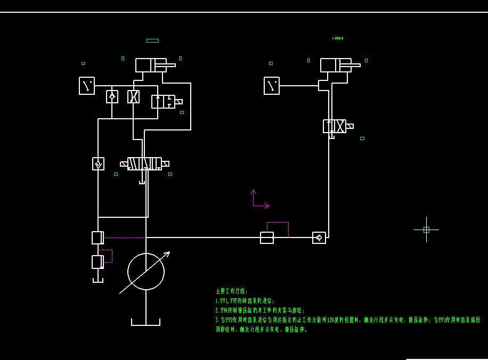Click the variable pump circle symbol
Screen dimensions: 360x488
tap(146, 272)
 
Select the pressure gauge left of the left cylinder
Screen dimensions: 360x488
tap(87, 86)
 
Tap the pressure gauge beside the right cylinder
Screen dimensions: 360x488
tap(272, 86)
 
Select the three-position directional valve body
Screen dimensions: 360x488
tap(144, 163)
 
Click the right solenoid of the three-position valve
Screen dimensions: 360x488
tap(165, 164)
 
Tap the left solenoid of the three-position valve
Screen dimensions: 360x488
tap(124, 164)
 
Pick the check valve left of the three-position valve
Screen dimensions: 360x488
tap(98, 164)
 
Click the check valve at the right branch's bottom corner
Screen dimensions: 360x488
tap(319, 238)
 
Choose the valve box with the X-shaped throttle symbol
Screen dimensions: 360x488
tap(134, 96)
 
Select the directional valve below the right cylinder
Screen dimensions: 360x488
tap(334, 126)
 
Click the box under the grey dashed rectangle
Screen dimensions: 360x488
tap(267, 238)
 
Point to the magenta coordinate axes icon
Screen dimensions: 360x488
tap(259, 200)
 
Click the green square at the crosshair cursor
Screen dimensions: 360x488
tap(426, 230)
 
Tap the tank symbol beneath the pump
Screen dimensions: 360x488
tap(146, 322)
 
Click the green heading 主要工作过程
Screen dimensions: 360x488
tap(232, 291)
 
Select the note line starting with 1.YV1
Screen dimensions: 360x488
tap(245, 301)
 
